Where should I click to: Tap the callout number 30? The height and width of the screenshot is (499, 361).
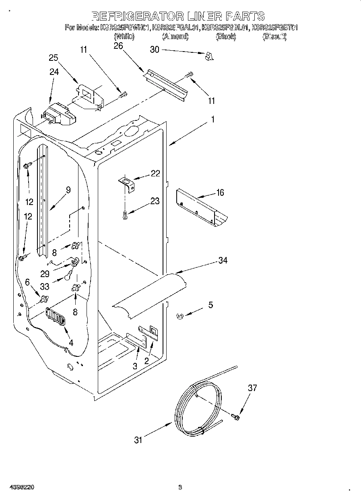point(155,50)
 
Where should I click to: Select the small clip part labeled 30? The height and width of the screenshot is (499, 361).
point(208,57)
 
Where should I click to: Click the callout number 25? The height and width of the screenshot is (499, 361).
point(54,58)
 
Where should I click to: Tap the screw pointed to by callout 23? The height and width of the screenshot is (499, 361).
point(126,215)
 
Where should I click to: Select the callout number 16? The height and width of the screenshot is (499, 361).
point(220,193)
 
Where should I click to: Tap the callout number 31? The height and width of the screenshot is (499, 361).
point(138,440)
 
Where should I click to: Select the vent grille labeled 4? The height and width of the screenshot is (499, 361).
point(55,315)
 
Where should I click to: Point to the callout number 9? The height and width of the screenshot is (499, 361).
point(68,190)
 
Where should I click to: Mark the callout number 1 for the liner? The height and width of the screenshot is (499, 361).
point(213,120)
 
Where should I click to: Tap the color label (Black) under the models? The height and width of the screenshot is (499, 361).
point(226,37)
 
